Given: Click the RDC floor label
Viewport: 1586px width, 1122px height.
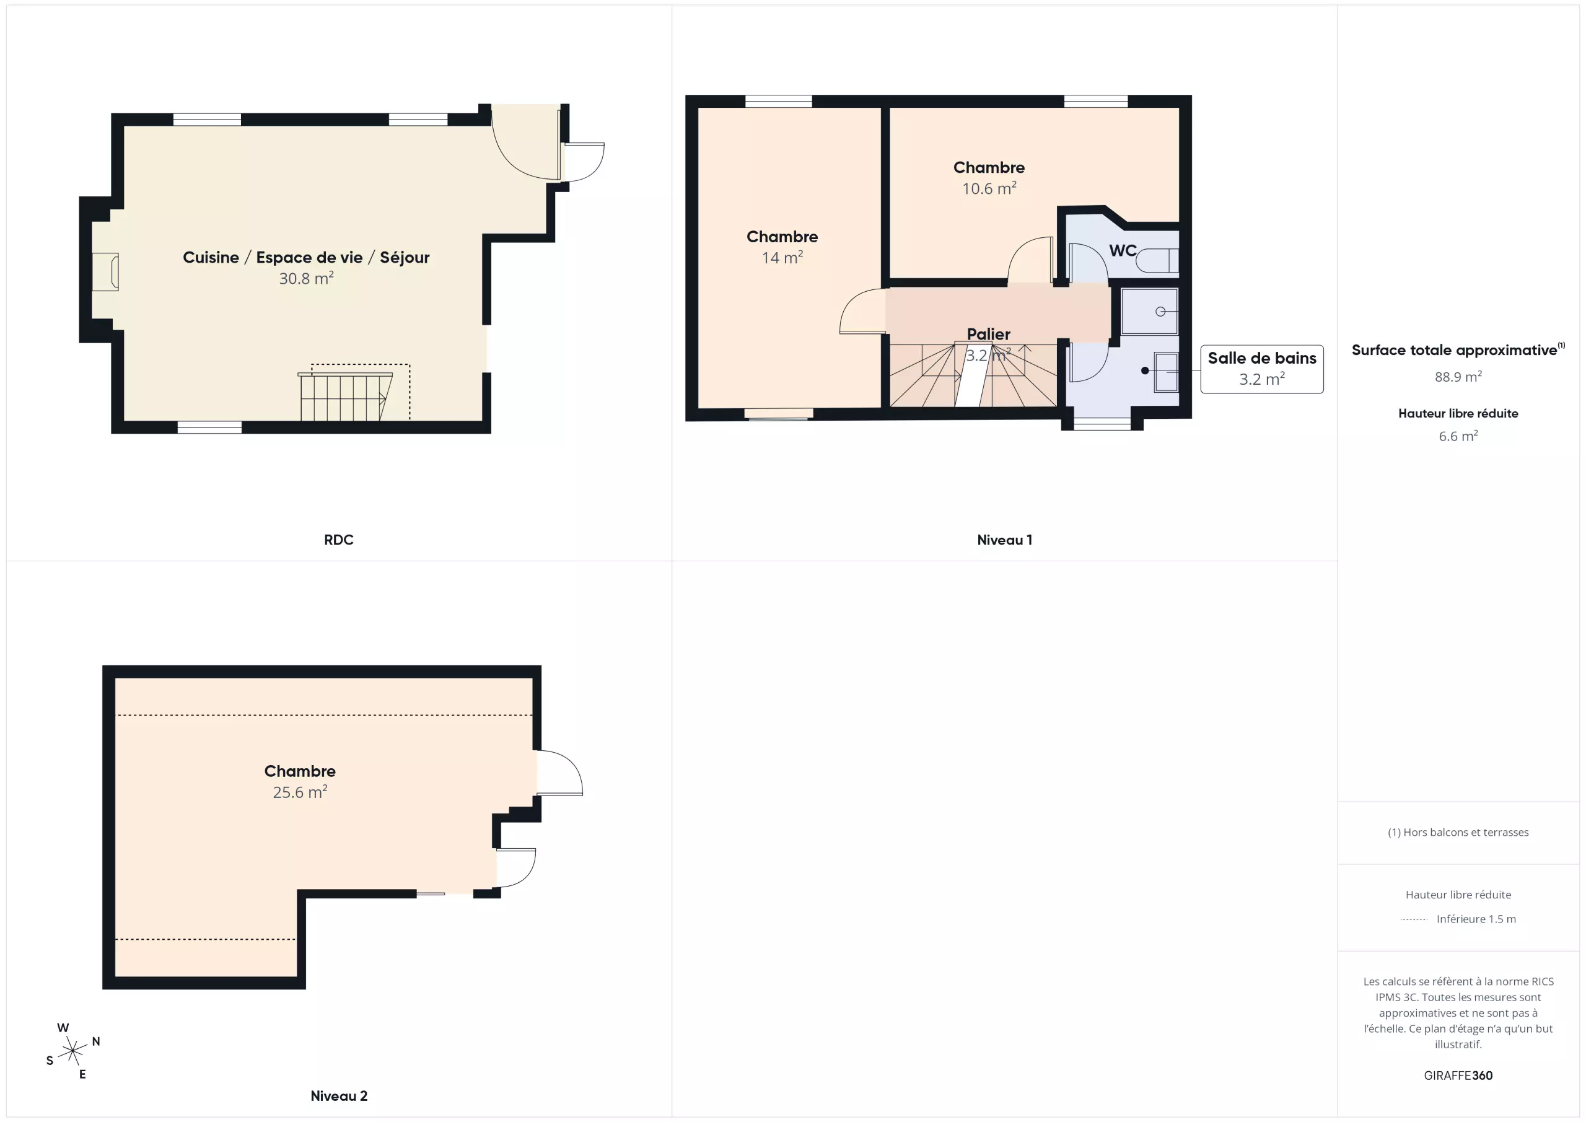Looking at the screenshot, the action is coord(338,540).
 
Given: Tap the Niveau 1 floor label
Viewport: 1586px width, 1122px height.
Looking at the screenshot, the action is coord(1004,540).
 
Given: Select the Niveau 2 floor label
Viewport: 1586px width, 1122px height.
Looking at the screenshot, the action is coord(338,1096).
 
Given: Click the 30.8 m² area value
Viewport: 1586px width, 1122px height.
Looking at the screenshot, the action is coord(306,278).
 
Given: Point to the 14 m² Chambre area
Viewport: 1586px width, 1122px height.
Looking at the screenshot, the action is coord(782,257).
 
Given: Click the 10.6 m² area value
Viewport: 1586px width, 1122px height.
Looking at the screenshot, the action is coord(989,188).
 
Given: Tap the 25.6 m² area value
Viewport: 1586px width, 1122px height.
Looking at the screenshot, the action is coord(300,792).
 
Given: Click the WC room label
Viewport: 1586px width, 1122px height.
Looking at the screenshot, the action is coord(1123,250).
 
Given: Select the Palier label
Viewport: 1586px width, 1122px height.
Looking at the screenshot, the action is coord(989,335).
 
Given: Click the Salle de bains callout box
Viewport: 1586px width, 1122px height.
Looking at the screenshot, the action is coord(1262,369).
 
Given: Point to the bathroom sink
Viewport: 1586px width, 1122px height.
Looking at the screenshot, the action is coord(1166,372).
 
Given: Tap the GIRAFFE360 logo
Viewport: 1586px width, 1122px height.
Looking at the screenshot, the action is coord(1458,1076).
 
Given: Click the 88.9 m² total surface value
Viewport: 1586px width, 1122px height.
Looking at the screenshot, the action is coord(1458,377).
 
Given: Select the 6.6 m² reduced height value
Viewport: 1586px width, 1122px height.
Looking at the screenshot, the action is coord(1458,436).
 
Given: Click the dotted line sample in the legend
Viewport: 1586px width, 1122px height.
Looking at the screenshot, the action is coord(1414,919).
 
